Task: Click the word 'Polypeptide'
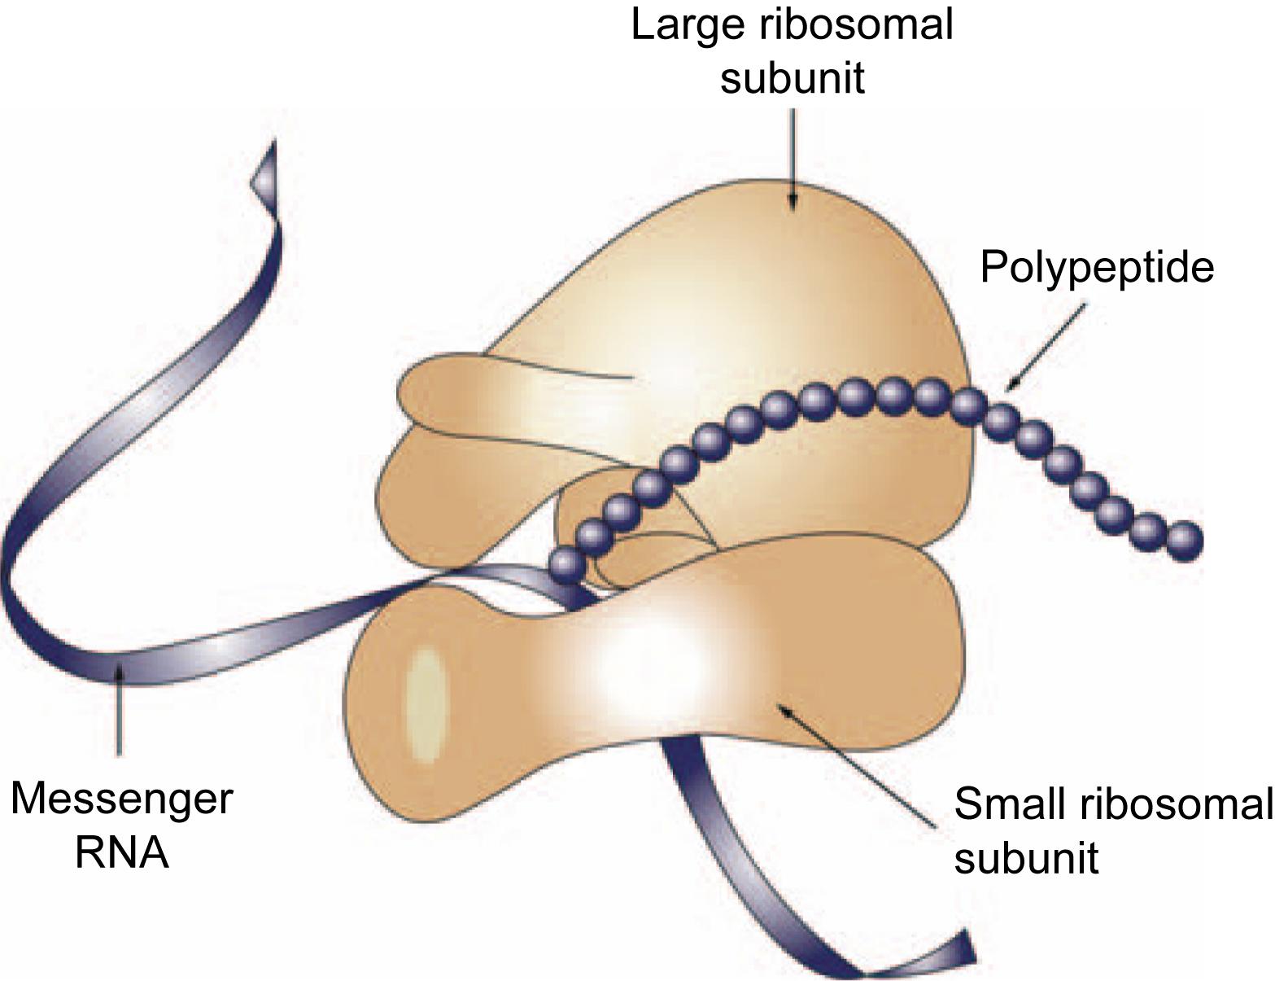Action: (x=1096, y=266)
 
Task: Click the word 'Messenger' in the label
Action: (x=121, y=799)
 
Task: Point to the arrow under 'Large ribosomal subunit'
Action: (x=793, y=155)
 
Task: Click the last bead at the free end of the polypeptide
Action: (x=1184, y=541)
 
